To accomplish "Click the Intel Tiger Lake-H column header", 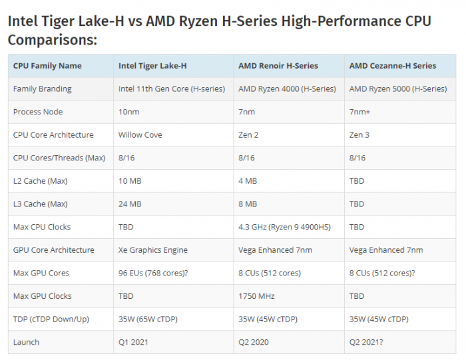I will tap(152, 66).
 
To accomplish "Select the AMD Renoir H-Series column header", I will tap(278, 66).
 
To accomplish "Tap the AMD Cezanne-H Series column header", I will tap(393, 66).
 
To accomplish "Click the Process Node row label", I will tap(37, 112).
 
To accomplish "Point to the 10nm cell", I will tap(129, 112).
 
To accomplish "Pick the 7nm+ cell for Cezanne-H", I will tap(359, 112).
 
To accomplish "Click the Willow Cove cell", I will tap(140, 135).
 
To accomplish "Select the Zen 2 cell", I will tap(248, 135).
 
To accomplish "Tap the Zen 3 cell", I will tap(359, 135).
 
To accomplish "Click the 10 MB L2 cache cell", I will tap(130, 181).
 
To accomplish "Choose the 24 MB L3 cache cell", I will tap(130, 204).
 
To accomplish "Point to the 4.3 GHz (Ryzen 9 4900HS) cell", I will tap(284, 227).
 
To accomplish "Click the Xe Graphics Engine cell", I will tap(153, 250).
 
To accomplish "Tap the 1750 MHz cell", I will tap(256, 296).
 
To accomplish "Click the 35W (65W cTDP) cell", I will tap(146, 319).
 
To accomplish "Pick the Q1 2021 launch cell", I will tap(134, 342).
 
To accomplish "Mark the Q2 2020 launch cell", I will tap(254, 342).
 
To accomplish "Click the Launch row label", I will tap(26, 342).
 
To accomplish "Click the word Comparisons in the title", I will tap(53, 40).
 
